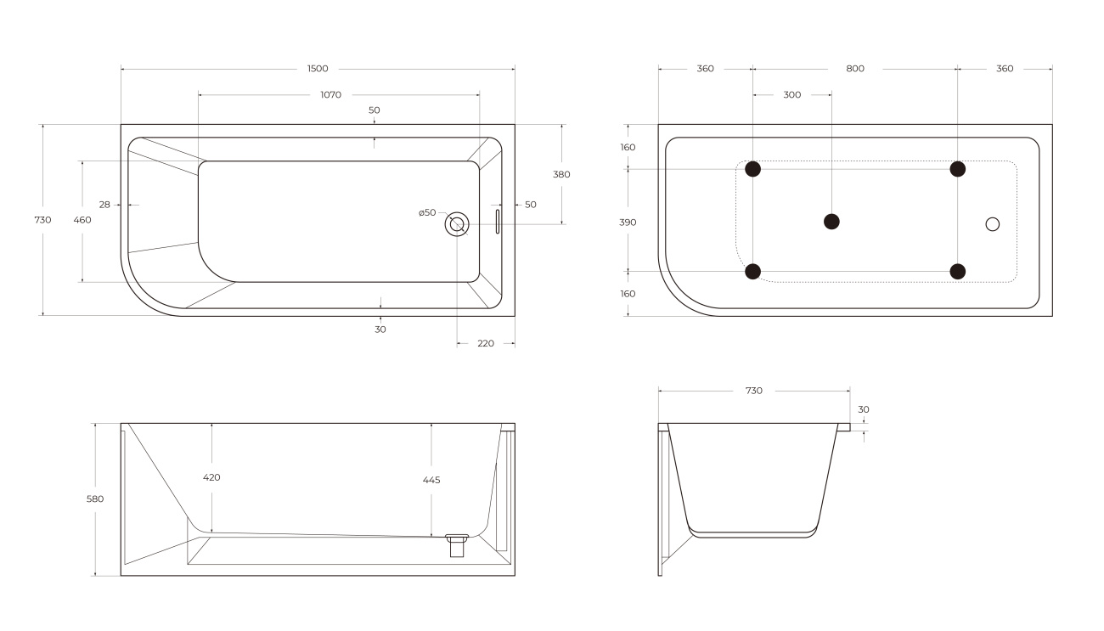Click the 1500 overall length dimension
[x=318, y=69]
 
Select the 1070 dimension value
[x=330, y=94]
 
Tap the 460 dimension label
[x=82, y=220]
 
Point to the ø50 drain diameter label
[x=427, y=212]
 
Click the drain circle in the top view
[x=457, y=224]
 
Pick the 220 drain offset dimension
[x=486, y=343]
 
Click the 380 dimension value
[x=561, y=174]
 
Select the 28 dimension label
[x=104, y=205]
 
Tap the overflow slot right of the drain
[x=498, y=222]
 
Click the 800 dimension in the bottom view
[x=855, y=69]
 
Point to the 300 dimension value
[x=792, y=94]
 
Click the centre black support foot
[x=831, y=222]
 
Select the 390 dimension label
[x=628, y=223]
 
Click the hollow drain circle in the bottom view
[x=992, y=224]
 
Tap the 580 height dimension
[x=95, y=499]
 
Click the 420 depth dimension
[x=211, y=477]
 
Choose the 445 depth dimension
[x=431, y=480]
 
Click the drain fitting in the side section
[x=457, y=545]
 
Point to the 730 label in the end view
[x=753, y=391]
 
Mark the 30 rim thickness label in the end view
[x=864, y=409]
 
